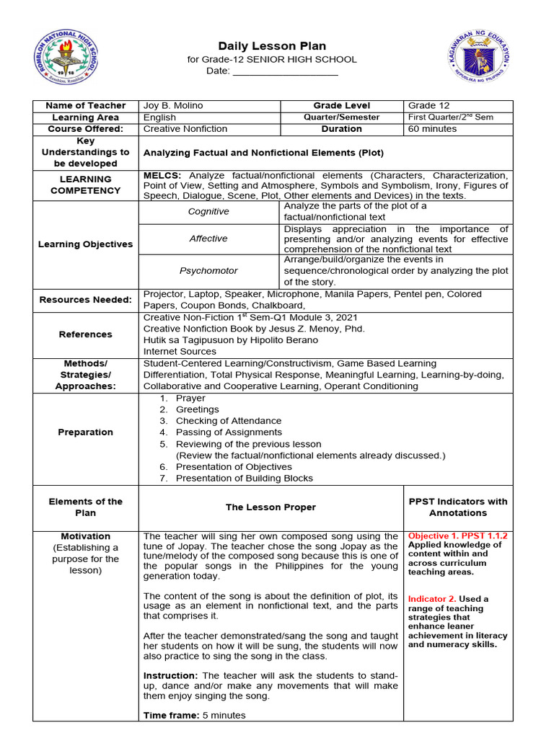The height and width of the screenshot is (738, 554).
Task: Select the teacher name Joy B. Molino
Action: [x=173, y=106]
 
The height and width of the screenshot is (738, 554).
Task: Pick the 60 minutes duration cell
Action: [x=432, y=129]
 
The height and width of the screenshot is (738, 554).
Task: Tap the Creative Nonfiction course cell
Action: [x=185, y=129]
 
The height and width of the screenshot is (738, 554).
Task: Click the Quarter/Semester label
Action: [x=342, y=117]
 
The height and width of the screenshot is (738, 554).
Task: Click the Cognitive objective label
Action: [x=208, y=212]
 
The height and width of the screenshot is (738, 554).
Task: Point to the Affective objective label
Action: [x=208, y=239]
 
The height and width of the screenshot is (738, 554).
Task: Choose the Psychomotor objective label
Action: [x=208, y=271]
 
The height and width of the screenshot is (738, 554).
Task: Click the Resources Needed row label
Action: [x=86, y=300]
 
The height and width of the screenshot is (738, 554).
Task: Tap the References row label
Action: [x=86, y=334]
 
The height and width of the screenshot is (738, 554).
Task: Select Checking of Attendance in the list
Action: [x=229, y=421]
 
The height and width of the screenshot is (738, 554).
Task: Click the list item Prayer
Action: [x=190, y=398]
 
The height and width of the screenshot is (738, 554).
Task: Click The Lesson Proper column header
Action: [x=271, y=507]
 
